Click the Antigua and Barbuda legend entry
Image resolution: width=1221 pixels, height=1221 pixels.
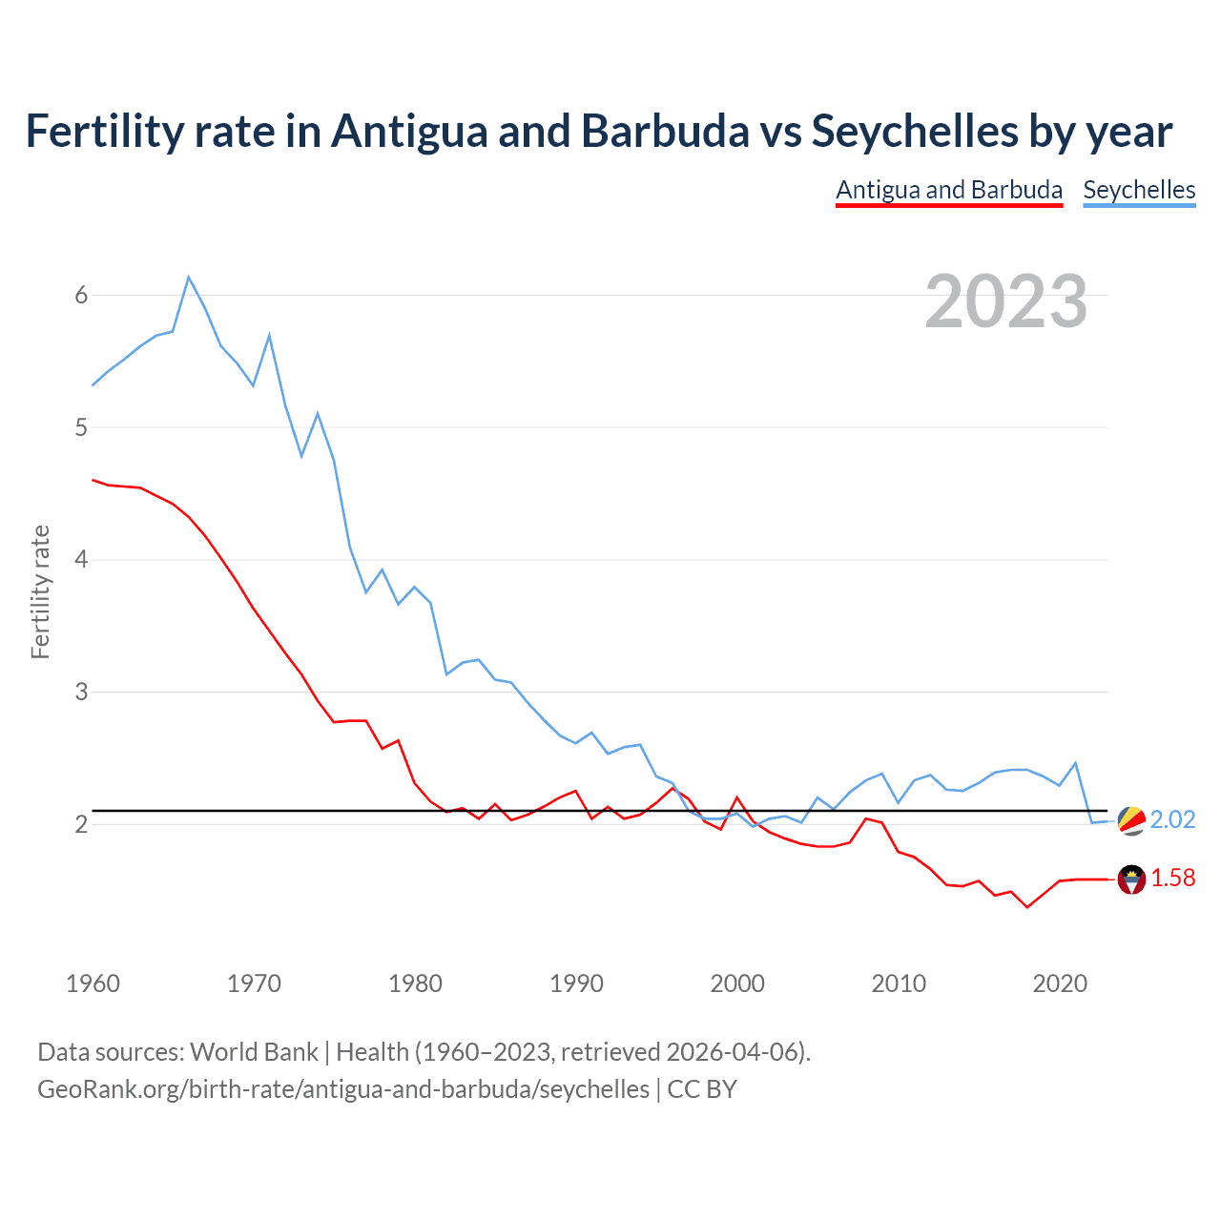click(x=948, y=190)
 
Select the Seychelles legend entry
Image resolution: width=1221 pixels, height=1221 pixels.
click(x=1139, y=190)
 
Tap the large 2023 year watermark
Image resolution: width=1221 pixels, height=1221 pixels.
click(x=1005, y=301)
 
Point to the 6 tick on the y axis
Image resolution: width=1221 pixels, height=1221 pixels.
click(x=81, y=296)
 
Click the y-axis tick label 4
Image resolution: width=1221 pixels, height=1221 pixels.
click(x=81, y=560)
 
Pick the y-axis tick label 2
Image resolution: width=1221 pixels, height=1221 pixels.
click(x=81, y=824)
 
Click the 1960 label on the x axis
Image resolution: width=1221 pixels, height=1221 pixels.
click(x=93, y=983)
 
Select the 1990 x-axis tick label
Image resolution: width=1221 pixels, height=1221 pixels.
click(x=576, y=983)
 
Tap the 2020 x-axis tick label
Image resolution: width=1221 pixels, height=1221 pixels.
click(x=1060, y=983)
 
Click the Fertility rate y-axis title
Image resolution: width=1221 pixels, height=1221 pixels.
click(x=40, y=591)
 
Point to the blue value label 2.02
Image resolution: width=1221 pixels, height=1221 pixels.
click(x=1172, y=820)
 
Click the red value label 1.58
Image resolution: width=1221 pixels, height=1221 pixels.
click(x=1172, y=879)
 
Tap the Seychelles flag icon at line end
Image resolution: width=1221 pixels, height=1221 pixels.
click(x=1131, y=820)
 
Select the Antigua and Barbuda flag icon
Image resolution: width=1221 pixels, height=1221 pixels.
click(x=1131, y=879)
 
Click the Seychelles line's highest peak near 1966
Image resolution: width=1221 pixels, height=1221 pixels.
click(x=189, y=277)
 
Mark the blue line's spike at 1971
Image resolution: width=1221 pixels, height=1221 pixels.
click(x=269, y=335)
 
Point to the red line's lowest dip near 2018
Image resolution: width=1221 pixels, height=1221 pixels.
click(x=1026, y=907)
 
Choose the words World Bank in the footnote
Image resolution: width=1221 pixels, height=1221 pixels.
click(x=254, y=1052)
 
